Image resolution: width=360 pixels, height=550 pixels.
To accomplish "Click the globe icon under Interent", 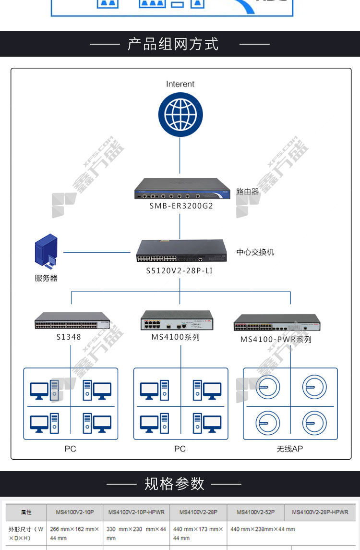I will [x=180, y=114].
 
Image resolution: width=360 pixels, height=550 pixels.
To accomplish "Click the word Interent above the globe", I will [x=180, y=84].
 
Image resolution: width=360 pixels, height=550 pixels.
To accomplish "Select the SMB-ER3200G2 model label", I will [x=180, y=206].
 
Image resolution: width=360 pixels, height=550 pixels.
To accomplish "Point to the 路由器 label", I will [x=248, y=191].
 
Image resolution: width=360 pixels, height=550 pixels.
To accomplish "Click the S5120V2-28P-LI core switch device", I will [x=181, y=251].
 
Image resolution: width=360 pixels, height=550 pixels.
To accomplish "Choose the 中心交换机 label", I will [x=255, y=252].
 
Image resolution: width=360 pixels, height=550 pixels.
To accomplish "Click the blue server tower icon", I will [x=46, y=250].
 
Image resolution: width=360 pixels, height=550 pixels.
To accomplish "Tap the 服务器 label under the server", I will [x=46, y=278].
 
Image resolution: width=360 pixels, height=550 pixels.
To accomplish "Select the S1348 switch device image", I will [x=72, y=321].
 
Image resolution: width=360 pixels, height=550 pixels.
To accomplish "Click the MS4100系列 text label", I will [x=176, y=337].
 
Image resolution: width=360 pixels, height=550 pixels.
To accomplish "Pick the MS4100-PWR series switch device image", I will [x=276, y=323].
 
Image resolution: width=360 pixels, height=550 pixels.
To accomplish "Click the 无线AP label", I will [x=289, y=449].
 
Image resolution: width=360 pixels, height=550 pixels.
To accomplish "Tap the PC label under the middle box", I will [x=180, y=449].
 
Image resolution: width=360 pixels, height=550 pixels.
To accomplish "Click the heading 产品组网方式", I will [x=173, y=44].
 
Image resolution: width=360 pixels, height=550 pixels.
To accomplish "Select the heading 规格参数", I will [x=174, y=483].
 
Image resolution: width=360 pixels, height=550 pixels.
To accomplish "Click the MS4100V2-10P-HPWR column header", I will [x=136, y=512].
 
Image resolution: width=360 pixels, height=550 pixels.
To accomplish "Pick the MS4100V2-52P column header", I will [x=255, y=512].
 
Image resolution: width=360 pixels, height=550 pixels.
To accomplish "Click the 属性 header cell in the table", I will [x=26, y=512].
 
